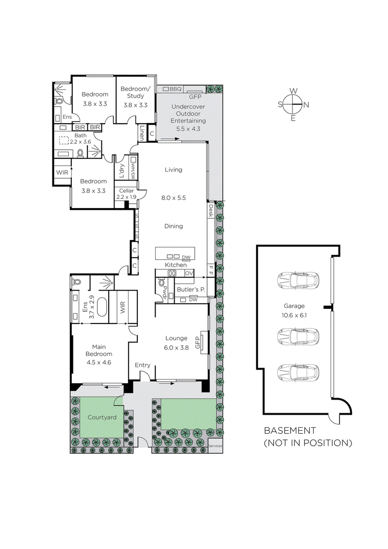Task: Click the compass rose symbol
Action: point(293,104)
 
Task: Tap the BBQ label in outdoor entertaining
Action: point(175,89)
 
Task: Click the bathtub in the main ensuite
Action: point(102,307)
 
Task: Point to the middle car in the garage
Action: point(298,336)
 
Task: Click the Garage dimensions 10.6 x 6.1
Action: point(294,314)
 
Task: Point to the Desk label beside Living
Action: point(211,210)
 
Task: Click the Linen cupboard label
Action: point(142,133)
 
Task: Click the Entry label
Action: point(143,365)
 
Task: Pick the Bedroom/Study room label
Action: point(135,93)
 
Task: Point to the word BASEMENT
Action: point(290,431)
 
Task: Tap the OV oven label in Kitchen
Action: point(189,273)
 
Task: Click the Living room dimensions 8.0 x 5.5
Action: point(173,197)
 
